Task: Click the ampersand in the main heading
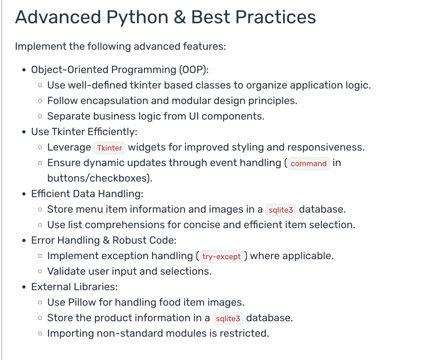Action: point(180,17)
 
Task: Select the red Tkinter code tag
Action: point(109,148)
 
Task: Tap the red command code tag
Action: point(309,164)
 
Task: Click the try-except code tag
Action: point(222,257)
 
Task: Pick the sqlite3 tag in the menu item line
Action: point(281,210)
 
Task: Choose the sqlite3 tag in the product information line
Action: point(228,319)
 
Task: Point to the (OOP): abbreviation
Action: point(194,69)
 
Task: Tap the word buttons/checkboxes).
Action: point(100,178)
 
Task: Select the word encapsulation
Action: point(114,101)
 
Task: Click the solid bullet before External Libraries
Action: point(24,287)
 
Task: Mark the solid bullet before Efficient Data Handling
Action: point(24,194)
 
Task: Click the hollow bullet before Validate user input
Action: point(40,271)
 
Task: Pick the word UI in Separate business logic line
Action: point(194,116)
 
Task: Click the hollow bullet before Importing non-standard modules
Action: point(40,334)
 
